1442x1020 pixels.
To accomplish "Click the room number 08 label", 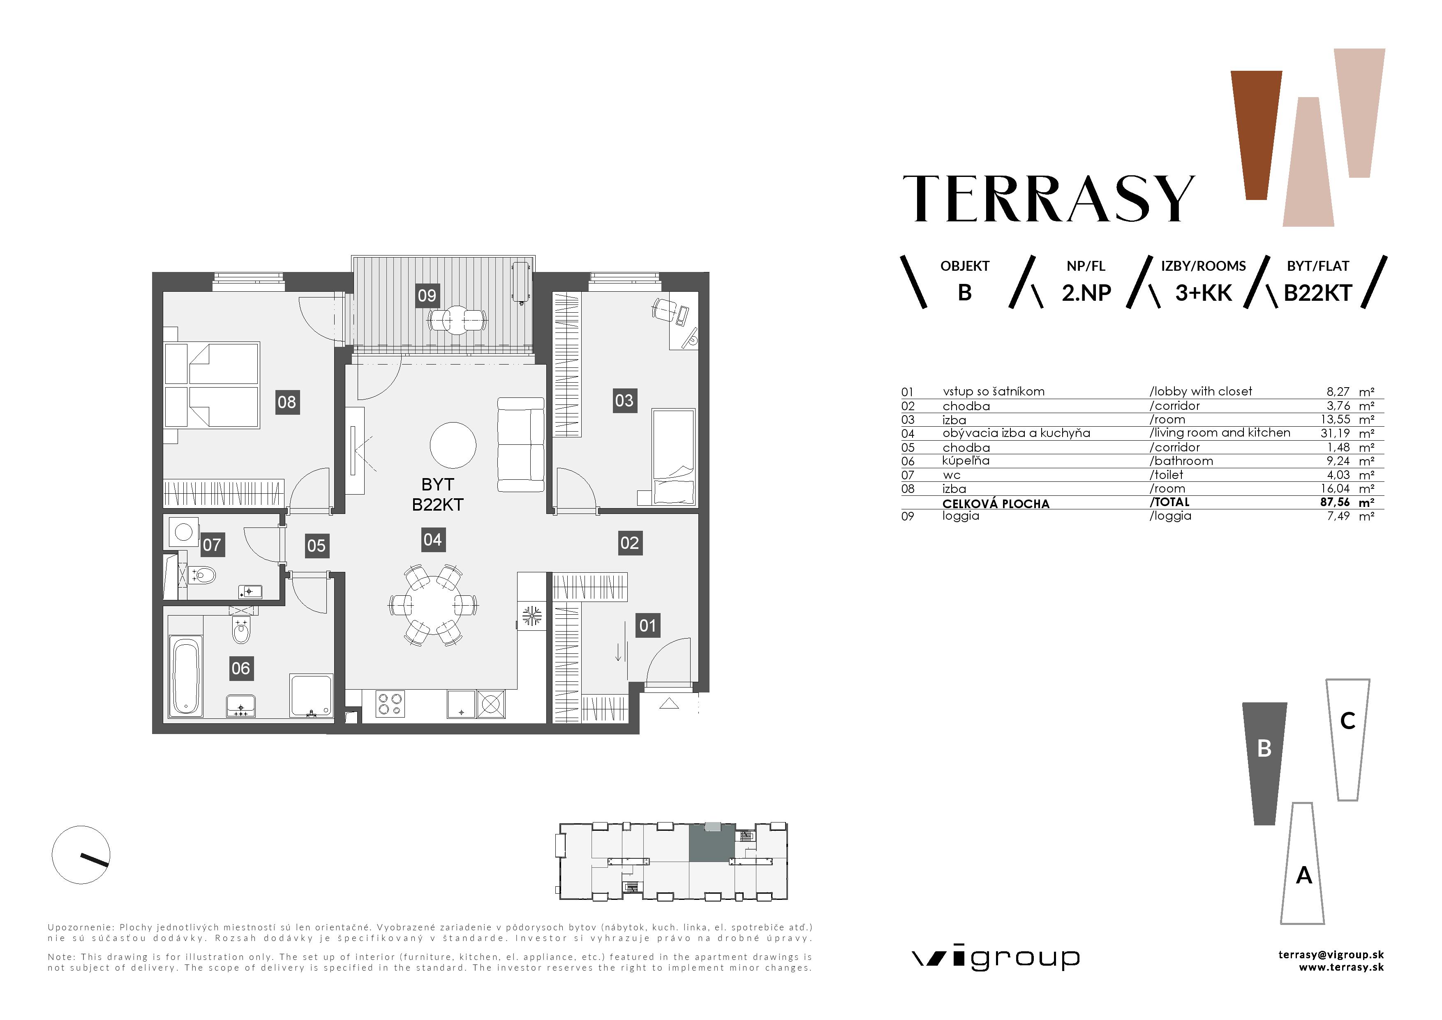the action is pyautogui.click(x=287, y=402).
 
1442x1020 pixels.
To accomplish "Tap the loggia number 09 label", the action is pyautogui.click(x=427, y=295).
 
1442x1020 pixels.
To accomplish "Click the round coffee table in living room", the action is pyautogui.click(x=453, y=445).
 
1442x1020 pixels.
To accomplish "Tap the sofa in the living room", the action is pyautogui.click(x=521, y=444).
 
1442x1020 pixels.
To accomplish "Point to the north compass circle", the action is pyautogui.click(x=81, y=855).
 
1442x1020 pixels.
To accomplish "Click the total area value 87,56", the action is pyautogui.click(x=1335, y=502).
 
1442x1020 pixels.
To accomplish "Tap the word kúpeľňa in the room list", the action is pyautogui.click(x=966, y=461).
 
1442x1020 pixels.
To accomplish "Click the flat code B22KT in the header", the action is pyautogui.click(x=1317, y=293).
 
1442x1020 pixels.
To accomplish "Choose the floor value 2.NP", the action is pyautogui.click(x=1086, y=293).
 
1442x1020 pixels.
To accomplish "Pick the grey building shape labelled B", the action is pyautogui.click(x=1264, y=764).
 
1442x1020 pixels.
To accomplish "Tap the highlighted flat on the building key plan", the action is pyautogui.click(x=712, y=842).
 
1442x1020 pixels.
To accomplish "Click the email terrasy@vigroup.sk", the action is pyautogui.click(x=1331, y=955).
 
